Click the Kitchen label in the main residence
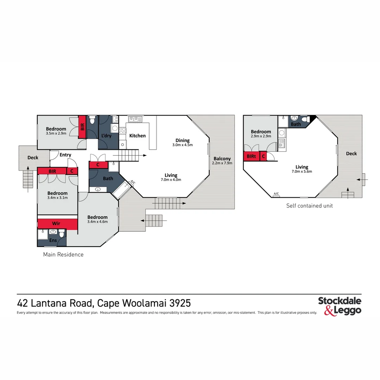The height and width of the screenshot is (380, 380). (x=137, y=135)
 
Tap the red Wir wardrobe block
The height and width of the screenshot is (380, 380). (x=56, y=223)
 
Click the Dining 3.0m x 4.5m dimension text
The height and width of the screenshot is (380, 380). (x=183, y=145)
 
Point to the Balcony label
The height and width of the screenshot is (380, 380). (x=222, y=159)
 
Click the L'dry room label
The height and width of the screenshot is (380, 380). (x=106, y=135)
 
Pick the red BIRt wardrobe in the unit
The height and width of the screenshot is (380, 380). (x=251, y=156)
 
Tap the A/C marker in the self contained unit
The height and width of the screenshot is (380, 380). (x=276, y=194)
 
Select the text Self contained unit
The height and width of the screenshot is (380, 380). (x=309, y=205)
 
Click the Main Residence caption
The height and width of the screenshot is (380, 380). (x=63, y=254)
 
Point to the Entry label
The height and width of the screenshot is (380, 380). (x=65, y=155)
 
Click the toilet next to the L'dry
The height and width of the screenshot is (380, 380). (x=92, y=121)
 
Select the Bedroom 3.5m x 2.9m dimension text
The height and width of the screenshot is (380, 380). (x=56, y=134)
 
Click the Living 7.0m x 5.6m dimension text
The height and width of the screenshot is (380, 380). (x=302, y=172)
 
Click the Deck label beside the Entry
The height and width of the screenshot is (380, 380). (x=33, y=158)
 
